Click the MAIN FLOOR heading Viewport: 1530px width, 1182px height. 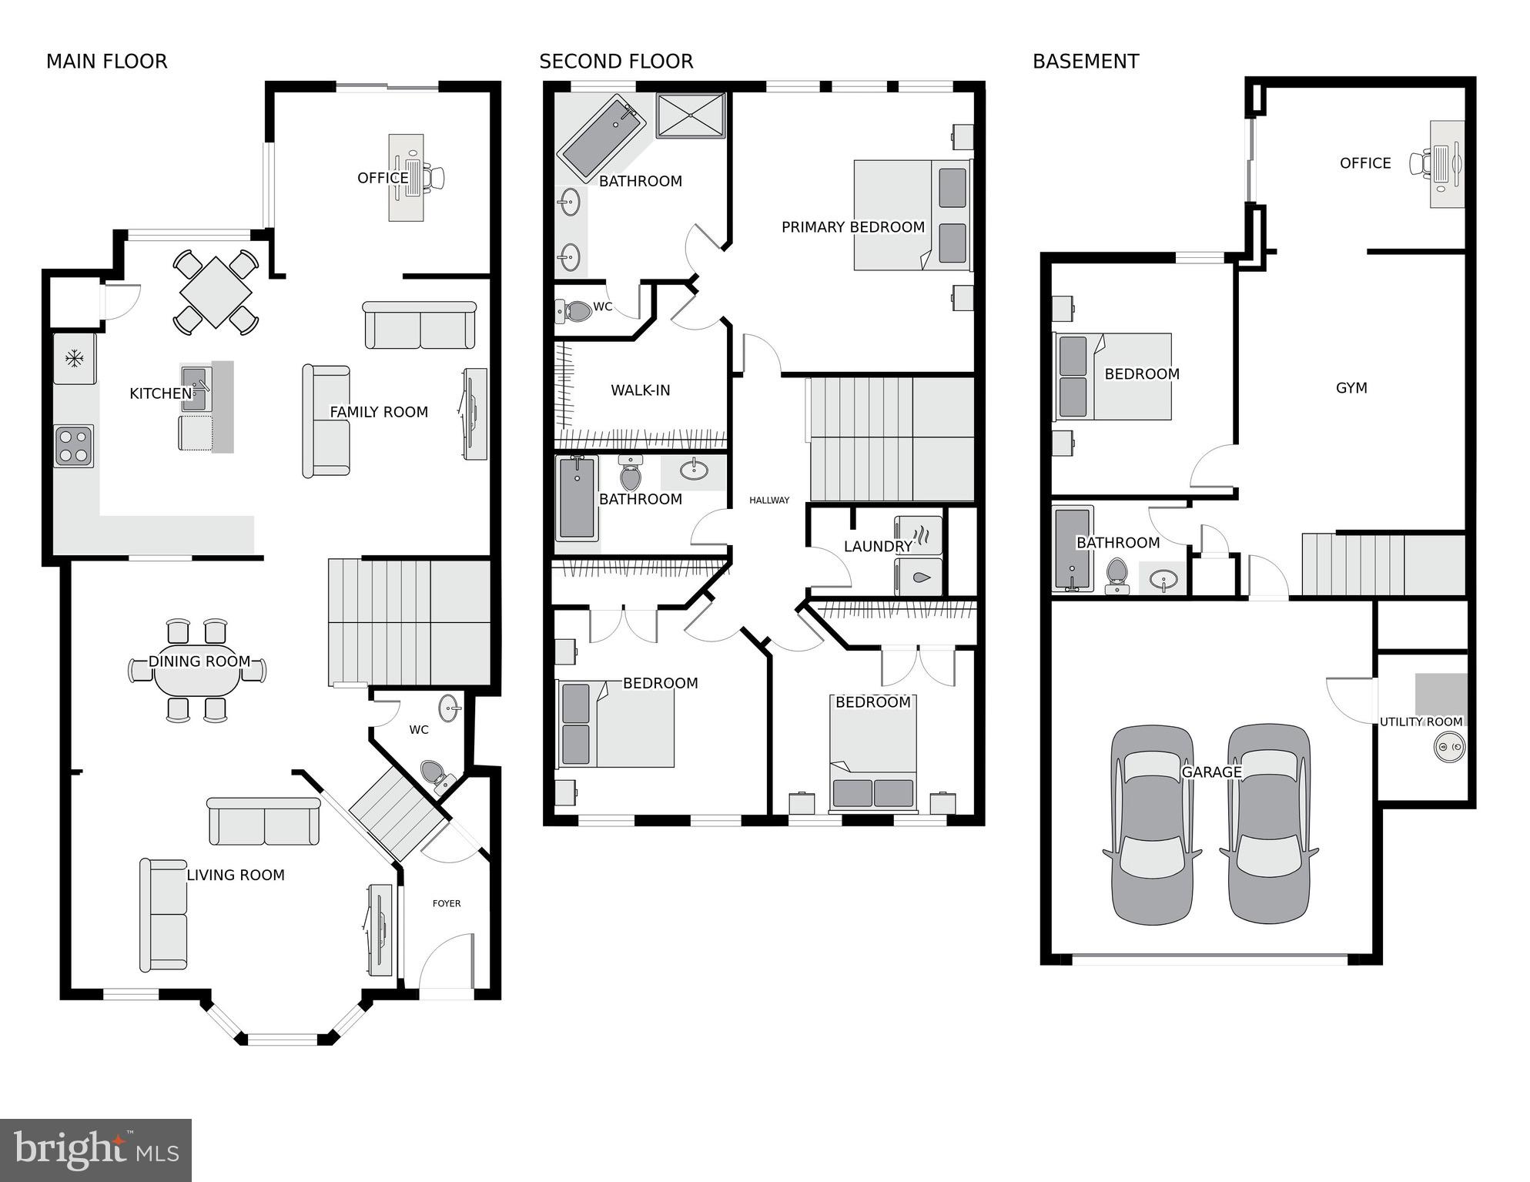106,62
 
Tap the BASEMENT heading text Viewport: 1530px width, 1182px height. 1085,62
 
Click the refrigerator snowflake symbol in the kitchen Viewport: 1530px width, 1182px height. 74,358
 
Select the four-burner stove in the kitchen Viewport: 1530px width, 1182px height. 74,446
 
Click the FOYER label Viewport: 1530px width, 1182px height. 447,903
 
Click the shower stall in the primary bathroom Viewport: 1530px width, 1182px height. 691,116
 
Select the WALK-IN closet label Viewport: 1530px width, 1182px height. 640,390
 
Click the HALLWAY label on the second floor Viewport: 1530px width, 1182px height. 769,501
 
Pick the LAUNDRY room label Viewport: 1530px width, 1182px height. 878,547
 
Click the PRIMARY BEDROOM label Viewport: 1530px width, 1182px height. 852,227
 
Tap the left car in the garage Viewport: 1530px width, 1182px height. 1152,824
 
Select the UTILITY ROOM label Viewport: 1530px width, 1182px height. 1421,722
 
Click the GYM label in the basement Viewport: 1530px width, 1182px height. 1351,388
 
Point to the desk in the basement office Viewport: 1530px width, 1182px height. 1448,164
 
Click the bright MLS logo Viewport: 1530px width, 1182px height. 95,1150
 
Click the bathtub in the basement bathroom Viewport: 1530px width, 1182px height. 1073,548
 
